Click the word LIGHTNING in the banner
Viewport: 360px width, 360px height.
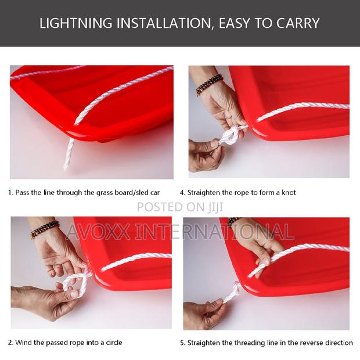pos(76,23)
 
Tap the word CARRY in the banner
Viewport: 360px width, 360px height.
pos(298,23)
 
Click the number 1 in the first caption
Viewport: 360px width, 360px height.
pos(10,192)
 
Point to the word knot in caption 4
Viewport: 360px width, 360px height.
pos(289,192)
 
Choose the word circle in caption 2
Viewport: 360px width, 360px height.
pos(114,343)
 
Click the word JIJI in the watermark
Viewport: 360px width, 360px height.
pos(215,207)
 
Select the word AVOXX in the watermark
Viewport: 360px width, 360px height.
pos(98,232)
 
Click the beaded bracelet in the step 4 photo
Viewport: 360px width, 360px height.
pos(208,85)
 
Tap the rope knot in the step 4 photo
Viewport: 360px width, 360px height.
pos(232,135)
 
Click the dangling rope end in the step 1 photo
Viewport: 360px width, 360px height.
pos(69,153)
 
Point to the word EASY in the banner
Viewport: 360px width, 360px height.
pos(235,23)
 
